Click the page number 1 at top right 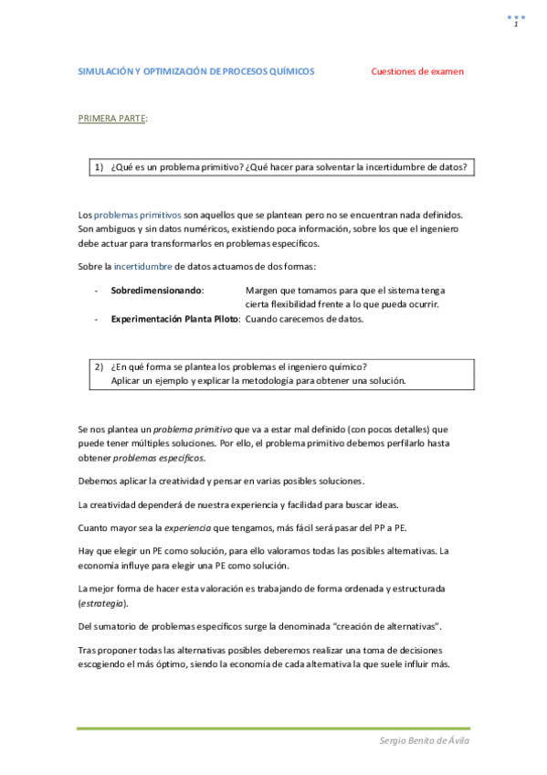pyautogui.click(x=516, y=25)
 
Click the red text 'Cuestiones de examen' pyautogui.click(x=417, y=71)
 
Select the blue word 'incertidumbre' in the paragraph pyautogui.click(x=143, y=267)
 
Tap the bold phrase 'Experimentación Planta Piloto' pyautogui.click(x=175, y=319)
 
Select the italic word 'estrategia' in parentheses pyautogui.click(x=102, y=603)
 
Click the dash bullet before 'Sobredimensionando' pyautogui.click(x=96, y=290)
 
